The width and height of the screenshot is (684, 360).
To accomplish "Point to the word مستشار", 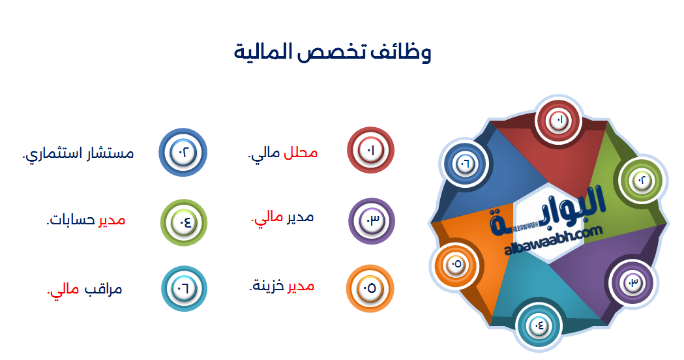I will pyautogui.click(x=109, y=154).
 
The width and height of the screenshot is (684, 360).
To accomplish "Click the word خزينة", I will pyautogui.click(x=267, y=286).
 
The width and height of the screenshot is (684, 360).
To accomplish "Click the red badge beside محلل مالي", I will pyautogui.click(x=371, y=151).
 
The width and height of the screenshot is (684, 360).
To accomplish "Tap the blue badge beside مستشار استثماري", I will pyautogui.click(x=183, y=153).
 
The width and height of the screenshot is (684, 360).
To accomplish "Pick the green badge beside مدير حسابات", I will pyautogui.click(x=183, y=222).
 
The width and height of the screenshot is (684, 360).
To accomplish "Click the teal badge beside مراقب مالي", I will pyautogui.click(x=183, y=289).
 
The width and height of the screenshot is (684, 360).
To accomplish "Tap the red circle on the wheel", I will pyautogui.click(x=559, y=120).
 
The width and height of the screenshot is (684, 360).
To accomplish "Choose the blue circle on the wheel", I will pyautogui.click(x=466, y=162).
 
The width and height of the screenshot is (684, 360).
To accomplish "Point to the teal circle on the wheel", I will pyautogui.click(x=539, y=323).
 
